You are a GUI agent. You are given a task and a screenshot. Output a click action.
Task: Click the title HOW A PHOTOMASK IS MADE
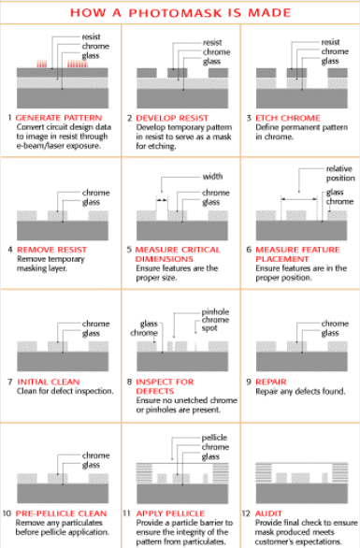click(x=180, y=13)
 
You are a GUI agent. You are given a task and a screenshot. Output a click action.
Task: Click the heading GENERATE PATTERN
click(x=59, y=118)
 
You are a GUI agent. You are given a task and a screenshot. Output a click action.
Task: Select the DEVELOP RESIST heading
click(x=172, y=118)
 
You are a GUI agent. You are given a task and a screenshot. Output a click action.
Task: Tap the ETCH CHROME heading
click(x=288, y=118)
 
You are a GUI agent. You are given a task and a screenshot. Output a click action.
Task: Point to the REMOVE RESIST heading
click(x=51, y=250)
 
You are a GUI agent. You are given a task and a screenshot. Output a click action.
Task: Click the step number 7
click(x=10, y=382)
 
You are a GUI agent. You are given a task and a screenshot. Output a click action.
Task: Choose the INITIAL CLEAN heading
click(x=49, y=382)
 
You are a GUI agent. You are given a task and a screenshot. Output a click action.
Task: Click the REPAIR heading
click(x=271, y=382)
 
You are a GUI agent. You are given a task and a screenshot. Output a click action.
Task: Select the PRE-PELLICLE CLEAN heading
click(x=61, y=513)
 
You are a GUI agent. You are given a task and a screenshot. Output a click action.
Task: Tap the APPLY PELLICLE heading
click(x=170, y=513)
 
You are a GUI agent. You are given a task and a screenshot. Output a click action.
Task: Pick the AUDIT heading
click(x=268, y=513)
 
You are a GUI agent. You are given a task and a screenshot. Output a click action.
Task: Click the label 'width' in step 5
click(x=212, y=176)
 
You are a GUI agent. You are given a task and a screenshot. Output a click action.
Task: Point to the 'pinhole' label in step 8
click(x=215, y=311)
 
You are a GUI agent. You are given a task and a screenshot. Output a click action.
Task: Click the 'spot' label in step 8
click(x=209, y=328)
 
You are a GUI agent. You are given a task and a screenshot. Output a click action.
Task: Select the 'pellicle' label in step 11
click(x=214, y=438)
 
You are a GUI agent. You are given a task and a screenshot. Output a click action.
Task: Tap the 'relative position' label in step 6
click(x=340, y=173)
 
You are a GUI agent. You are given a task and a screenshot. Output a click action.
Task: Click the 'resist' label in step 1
click(x=91, y=36)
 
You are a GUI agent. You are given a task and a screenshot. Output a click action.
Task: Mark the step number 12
click(x=246, y=513)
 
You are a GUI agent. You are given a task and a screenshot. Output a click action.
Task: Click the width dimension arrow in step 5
click(x=162, y=200)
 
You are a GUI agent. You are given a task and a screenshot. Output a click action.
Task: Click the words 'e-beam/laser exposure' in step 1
click(x=58, y=146)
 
